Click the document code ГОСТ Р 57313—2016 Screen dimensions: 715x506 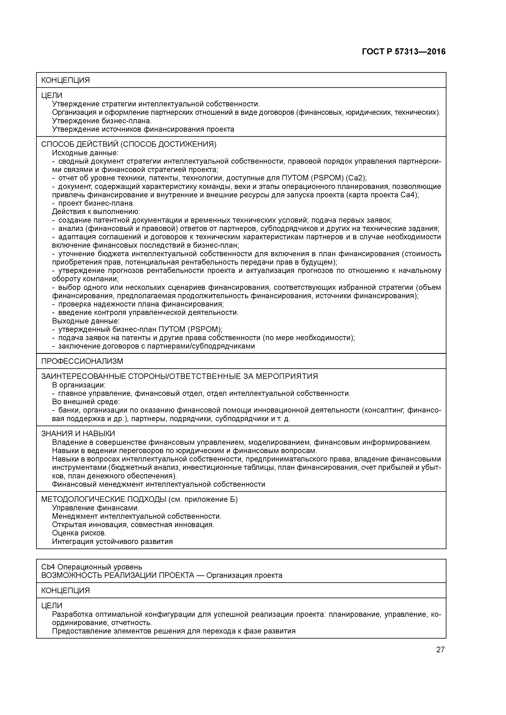tap(404, 52)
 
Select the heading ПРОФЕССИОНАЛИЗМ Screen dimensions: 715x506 tap(82, 361)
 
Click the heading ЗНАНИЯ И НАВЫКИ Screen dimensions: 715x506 tap(78, 434)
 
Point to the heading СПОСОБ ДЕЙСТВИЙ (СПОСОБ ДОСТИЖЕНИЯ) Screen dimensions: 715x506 tap(129, 144)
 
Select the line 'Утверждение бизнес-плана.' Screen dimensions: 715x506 tap(102, 121)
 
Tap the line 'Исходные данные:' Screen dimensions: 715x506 tap(85, 153)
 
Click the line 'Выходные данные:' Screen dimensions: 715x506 tap(85, 321)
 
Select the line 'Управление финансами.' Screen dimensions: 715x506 tap(95, 508)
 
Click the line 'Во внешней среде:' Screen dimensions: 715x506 tap(86, 402)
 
